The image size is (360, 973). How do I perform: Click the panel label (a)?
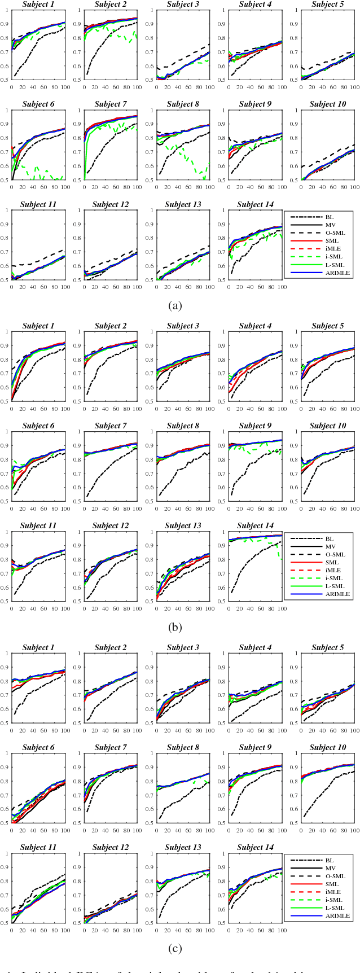174,306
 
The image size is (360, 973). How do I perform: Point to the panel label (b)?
174,626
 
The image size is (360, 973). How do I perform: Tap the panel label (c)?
174,948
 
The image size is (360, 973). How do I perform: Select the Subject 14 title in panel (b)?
255,525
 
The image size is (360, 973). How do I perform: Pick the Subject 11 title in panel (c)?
38,847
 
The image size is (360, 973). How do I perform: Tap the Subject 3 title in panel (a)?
183,5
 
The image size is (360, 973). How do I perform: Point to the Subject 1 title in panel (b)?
38,326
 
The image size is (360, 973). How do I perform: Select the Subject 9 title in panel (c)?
255,747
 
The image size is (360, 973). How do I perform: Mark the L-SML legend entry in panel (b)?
335,586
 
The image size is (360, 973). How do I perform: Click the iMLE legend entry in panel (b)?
333,570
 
